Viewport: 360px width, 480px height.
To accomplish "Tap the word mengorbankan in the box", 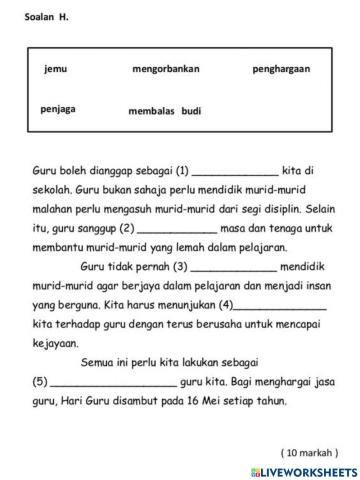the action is [166, 69].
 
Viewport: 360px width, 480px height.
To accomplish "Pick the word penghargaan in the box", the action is [281, 69].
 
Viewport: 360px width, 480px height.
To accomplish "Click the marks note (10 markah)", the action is [309, 452].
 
